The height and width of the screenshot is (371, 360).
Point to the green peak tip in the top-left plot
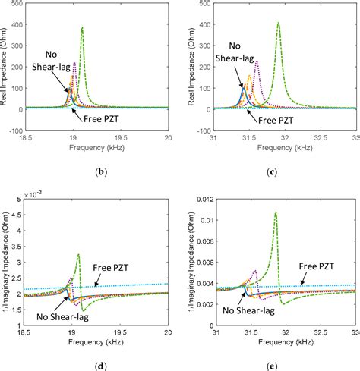82,28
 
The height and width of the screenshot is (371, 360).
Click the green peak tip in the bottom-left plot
79,254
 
